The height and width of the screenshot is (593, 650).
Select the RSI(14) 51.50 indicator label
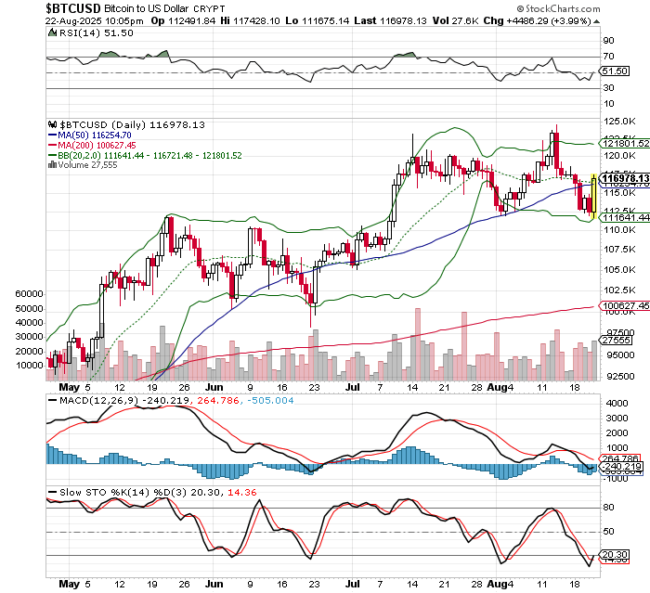(80, 32)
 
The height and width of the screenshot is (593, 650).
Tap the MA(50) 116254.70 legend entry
(101, 135)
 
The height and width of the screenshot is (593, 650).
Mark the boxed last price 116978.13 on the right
(623, 177)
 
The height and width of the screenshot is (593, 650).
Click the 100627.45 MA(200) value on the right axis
(623, 305)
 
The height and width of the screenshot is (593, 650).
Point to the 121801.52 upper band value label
(623, 144)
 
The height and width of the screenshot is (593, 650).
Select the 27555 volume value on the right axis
(617, 342)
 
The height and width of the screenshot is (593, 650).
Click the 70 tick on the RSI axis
(609, 42)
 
